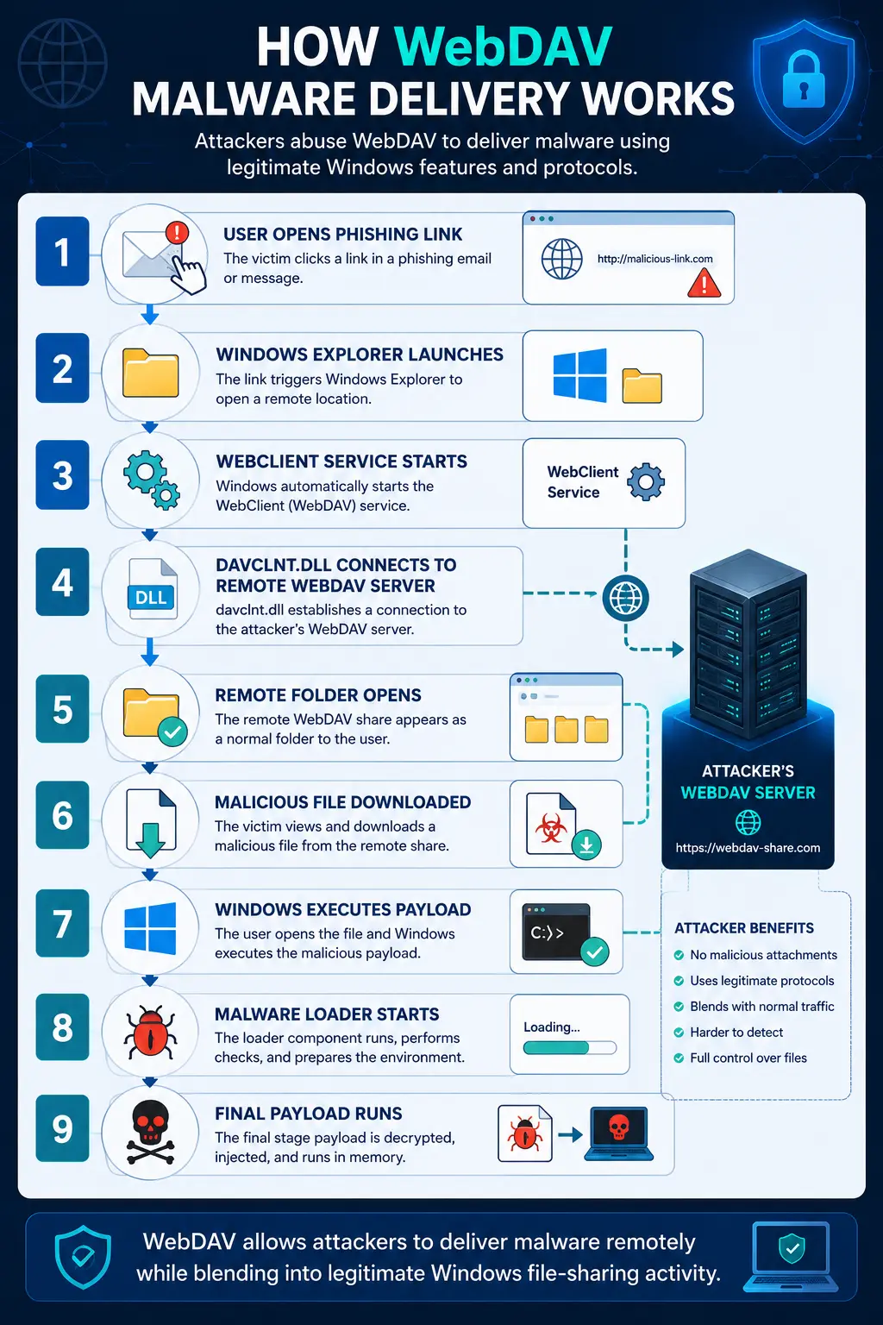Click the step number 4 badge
(62, 582)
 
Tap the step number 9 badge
(62, 1128)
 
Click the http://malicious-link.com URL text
(654, 259)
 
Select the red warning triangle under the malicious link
(704, 283)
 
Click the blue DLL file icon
(152, 589)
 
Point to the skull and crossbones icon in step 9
(150, 1132)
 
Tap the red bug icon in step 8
(150, 1033)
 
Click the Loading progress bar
(569, 1048)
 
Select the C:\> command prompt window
(556, 932)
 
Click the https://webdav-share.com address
(748, 848)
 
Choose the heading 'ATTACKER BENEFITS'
(744, 928)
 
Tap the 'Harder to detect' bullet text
(736, 1033)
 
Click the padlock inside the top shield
(803, 80)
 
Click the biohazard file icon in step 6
(551, 824)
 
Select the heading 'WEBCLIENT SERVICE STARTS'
(341, 462)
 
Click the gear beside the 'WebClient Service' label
(646, 482)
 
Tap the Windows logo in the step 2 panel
(579, 375)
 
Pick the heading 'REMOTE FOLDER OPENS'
(318, 695)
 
